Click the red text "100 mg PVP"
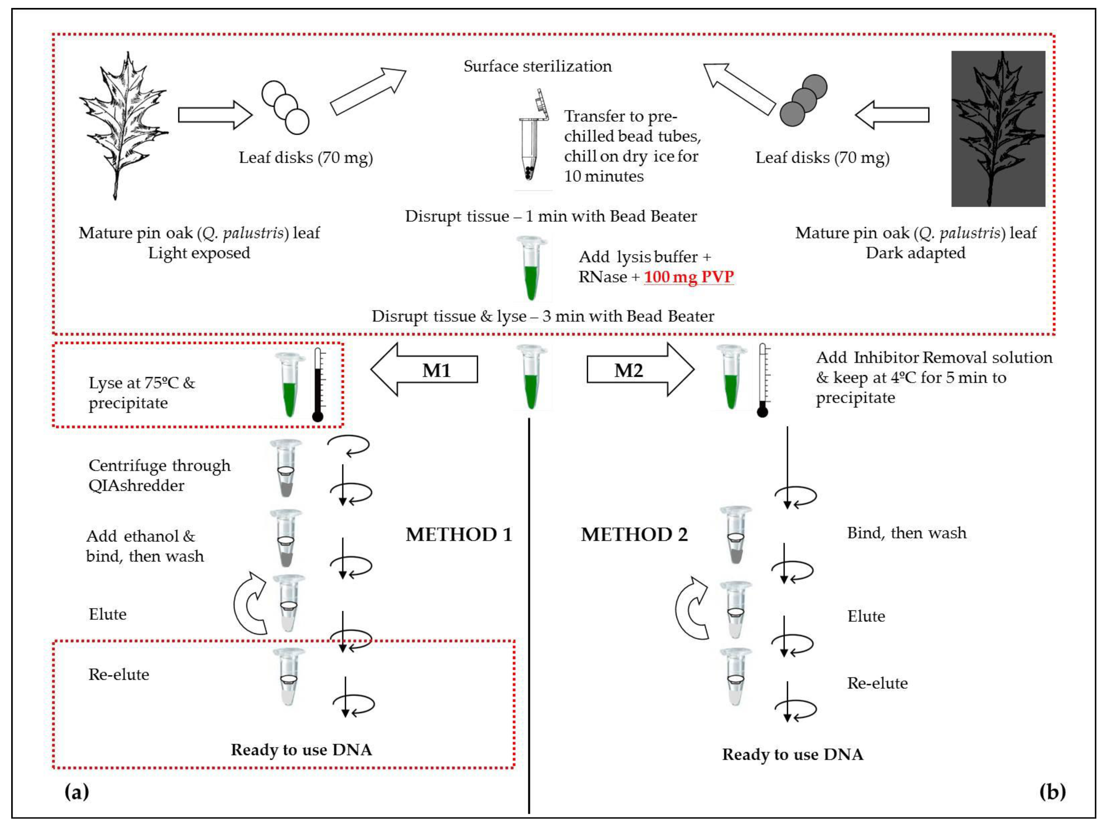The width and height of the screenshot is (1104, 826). [x=689, y=277]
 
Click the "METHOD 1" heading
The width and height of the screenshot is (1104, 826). [x=459, y=534]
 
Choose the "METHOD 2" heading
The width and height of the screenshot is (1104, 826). [x=634, y=534]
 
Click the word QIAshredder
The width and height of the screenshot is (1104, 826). [x=136, y=486]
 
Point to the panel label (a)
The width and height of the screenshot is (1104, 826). [x=76, y=792]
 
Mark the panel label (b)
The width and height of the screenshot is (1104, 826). [x=1052, y=792]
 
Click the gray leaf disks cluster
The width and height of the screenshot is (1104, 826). [x=803, y=100]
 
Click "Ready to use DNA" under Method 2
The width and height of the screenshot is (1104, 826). [x=793, y=754]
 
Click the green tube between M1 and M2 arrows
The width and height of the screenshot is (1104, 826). [x=531, y=378]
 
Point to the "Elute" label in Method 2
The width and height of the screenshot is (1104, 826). [x=866, y=616]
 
